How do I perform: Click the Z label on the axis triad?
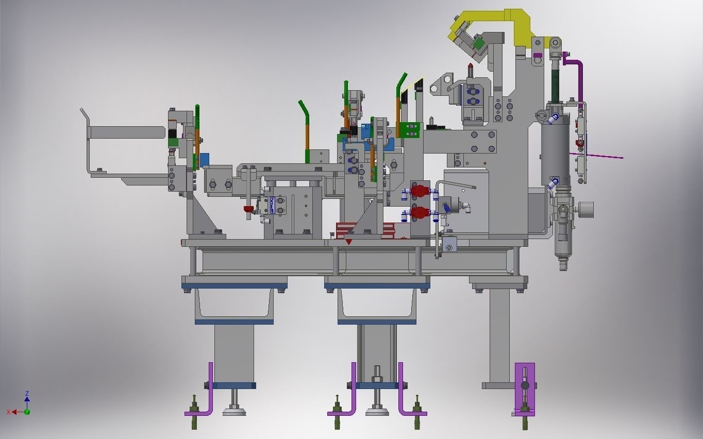[27, 394]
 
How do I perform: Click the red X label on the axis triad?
[9, 412]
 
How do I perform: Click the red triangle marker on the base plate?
[349, 241]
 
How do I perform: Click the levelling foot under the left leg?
[234, 411]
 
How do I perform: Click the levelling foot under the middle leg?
[377, 411]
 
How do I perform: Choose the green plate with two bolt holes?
[411, 130]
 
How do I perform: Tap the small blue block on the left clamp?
[205, 160]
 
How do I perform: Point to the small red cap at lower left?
[248, 209]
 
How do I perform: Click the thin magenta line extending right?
[603, 156]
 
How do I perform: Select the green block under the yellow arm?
[479, 44]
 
